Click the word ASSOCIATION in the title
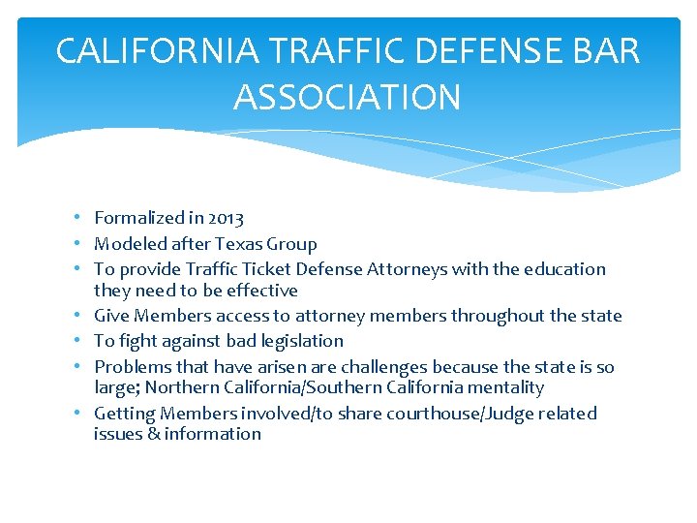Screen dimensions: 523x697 (x=348, y=98)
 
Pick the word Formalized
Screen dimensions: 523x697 (x=137, y=219)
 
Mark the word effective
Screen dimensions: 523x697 (x=261, y=291)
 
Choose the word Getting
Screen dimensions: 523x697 (x=125, y=414)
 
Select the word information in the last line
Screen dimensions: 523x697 (x=213, y=434)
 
